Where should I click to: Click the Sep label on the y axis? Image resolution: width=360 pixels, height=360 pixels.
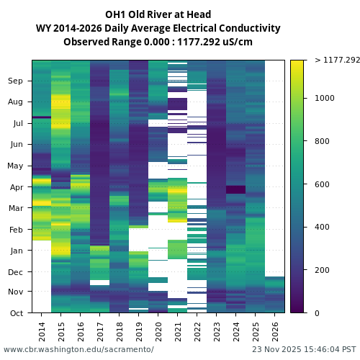pos(15,81)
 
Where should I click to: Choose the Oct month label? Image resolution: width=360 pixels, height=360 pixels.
pos(16,313)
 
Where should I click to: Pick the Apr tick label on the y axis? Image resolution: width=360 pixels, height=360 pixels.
pos(16,187)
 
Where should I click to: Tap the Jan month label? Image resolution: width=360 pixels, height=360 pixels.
pos(16,251)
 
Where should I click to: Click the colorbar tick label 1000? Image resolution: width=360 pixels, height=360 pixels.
pos(324,98)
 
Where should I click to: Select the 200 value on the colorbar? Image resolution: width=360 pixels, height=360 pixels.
pos(322,270)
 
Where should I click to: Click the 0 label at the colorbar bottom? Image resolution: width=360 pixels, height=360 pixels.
pos(317,313)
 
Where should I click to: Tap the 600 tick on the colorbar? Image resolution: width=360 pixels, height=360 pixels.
pos(322,184)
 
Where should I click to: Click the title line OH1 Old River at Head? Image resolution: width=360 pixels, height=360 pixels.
pos(158,14)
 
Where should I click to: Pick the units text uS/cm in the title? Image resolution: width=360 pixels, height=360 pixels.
pos(237,42)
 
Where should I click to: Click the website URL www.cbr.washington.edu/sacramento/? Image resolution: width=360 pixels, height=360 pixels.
pos(78,349)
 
